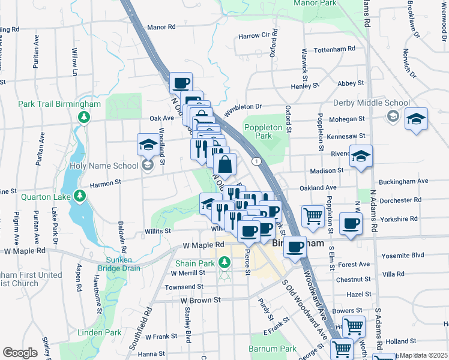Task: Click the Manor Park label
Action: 316,3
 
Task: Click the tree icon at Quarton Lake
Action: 79,196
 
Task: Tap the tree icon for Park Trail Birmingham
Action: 85,116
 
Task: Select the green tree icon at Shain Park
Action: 224,263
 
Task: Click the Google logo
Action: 20,353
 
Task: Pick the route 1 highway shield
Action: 256,161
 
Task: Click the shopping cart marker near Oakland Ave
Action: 313,216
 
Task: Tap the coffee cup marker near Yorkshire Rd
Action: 351,223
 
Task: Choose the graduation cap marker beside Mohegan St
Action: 416,119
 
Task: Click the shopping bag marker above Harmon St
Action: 224,164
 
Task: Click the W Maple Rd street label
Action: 203,245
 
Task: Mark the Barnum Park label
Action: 280,349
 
